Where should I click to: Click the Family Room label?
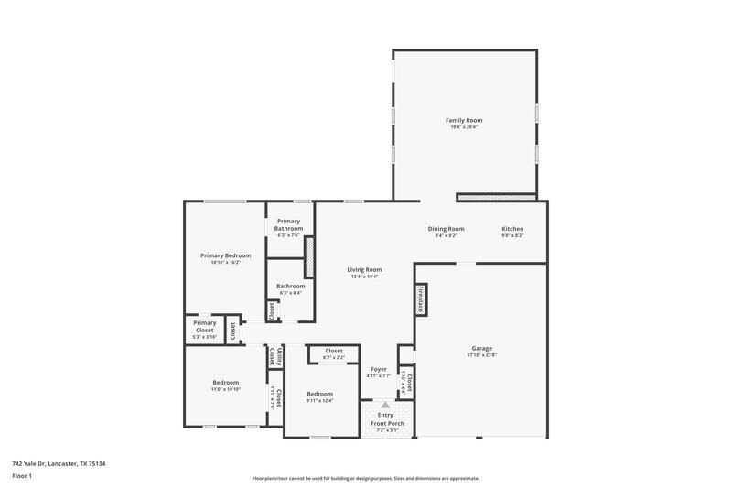click(464, 120)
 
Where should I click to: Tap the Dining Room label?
click(447, 229)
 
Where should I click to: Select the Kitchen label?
click(512, 229)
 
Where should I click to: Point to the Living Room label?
click(364, 269)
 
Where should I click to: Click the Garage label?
click(482, 349)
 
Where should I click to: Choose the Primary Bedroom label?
click(225, 255)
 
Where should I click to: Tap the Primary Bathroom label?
click(289, 224)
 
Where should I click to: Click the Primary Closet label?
click(204, 326)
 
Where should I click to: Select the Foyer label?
click(379, 369)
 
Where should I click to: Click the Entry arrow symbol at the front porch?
click(385, 404)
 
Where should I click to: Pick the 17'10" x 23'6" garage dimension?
click(482, 356)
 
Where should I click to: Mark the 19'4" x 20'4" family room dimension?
click(464, 127)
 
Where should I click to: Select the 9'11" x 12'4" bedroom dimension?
click(319, 400)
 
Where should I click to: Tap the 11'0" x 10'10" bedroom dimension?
click(226, 389)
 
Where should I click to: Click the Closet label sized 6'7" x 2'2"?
click(334, 351)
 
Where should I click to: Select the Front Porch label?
click(387, 423)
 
